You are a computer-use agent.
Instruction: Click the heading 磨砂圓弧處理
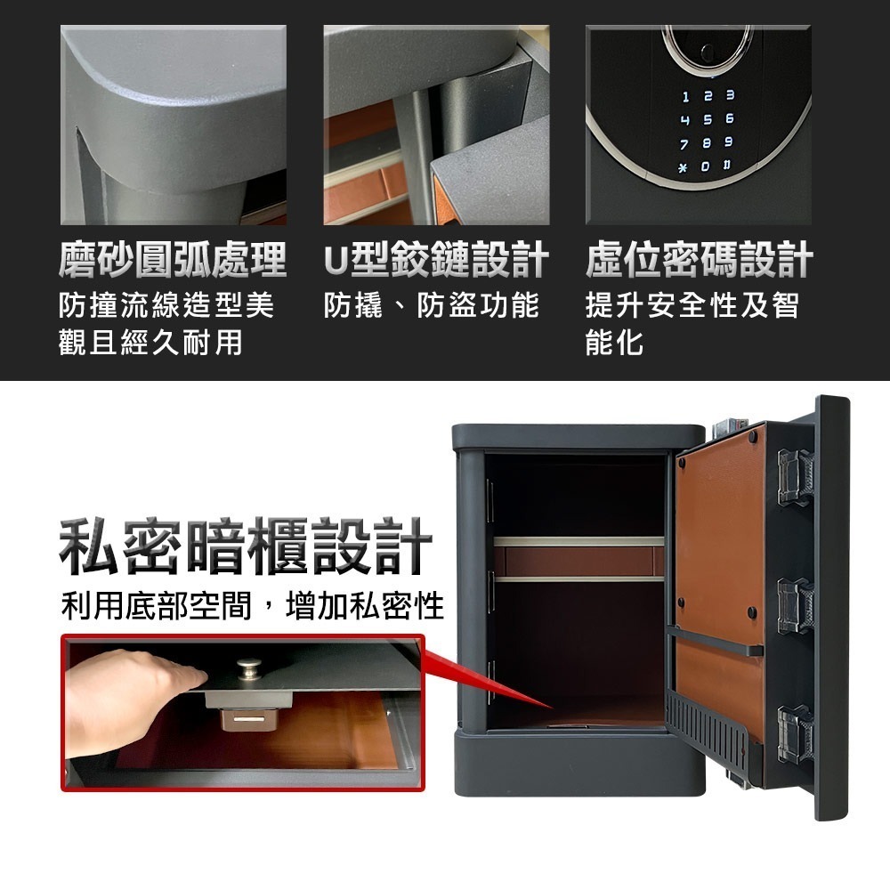pyautogui.click(x=172, y=261)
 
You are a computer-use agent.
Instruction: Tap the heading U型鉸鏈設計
pyautogui.click(x=435, y=261)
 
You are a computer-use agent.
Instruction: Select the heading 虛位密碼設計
pyautogui.click(x=699, y=261)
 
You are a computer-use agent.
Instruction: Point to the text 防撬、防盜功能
pyautogui.click(x=432, y=305)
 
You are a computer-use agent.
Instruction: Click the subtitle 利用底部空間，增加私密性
pyautogui.click(x=253, y=607)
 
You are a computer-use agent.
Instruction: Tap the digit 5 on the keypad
pyautogui.click(x=707, y=119)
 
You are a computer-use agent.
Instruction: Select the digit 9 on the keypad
pyautogui.click(x=729, y=143)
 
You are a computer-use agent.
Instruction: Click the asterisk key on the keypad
pyautogui.click(x=684, y=167)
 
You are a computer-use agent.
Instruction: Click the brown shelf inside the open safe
pyautogui.click(x=578, y=561)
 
